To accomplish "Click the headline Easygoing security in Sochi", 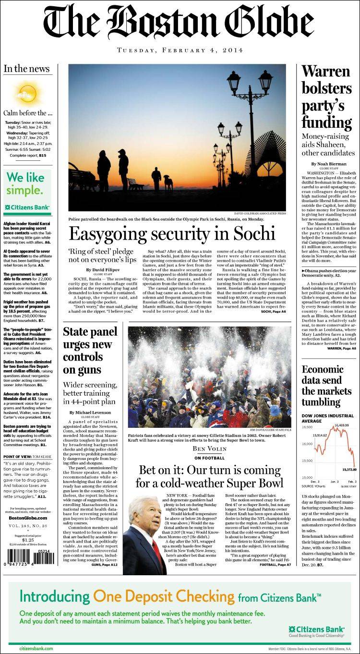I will pyautogui.click(x=172, y=233).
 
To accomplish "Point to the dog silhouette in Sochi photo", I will pyautogui.click(x=168, y=182).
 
